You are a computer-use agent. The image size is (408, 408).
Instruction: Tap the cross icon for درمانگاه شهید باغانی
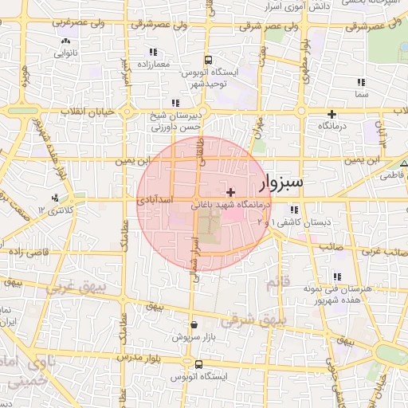[231, 192]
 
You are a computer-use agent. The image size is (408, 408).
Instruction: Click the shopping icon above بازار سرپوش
[195, 325]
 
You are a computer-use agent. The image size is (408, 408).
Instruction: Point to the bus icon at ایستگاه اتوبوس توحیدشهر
[208, 60]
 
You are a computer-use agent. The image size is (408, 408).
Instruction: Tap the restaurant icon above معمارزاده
[150, 52]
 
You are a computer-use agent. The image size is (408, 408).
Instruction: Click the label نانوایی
[65, 54]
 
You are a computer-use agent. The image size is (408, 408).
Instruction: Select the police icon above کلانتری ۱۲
[55, 198]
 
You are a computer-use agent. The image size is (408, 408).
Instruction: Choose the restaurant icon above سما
[362, 82]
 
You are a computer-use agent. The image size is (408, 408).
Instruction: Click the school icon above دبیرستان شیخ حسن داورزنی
[175, 103]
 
